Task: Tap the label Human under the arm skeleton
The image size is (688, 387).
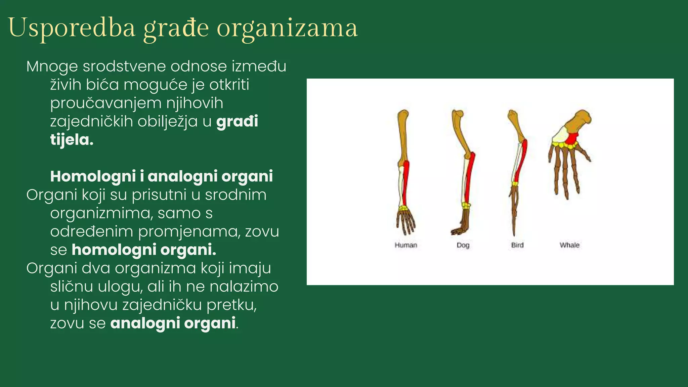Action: pos(406,245)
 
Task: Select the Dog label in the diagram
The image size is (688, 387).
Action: pos(463,245)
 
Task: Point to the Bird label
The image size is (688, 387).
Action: pos(517,245)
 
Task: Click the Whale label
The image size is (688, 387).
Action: pos(569,245)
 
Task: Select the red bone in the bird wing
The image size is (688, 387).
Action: pos(521,161)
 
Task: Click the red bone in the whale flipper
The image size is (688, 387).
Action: pos(572,138)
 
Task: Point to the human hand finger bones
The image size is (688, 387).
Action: pos(406,223)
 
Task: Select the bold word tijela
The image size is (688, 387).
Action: pos(72,140)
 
